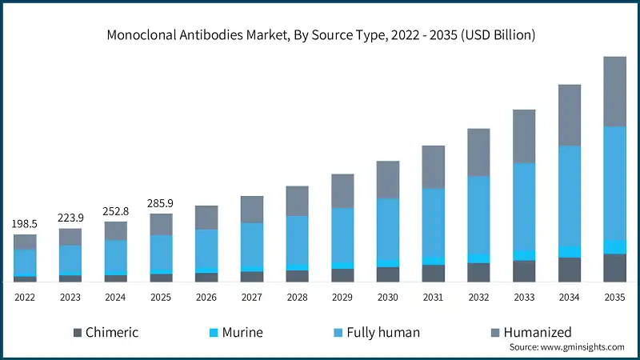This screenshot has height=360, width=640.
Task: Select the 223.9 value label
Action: [70, 218]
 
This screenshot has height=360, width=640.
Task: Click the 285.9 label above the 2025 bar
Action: [161, 202]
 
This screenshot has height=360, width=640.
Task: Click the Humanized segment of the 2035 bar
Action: [614, 91]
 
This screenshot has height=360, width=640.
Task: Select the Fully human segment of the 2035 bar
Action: [614, 182]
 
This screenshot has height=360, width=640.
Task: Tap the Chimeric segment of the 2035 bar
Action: [614, 267]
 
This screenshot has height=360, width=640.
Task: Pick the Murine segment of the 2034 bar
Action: [569, 251]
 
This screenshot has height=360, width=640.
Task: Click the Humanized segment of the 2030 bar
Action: [388, 179]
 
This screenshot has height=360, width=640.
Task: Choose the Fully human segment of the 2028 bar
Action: [297, 240]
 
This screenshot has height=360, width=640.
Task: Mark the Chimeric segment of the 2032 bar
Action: [478, 272]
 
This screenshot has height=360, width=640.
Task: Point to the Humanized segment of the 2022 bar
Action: [25, 242]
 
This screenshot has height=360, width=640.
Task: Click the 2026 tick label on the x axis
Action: [206, 297]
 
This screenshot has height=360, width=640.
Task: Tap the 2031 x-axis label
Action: [433, 297]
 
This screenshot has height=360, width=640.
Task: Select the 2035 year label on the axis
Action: [614, 297]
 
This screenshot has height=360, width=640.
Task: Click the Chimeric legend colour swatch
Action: [78, 332]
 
